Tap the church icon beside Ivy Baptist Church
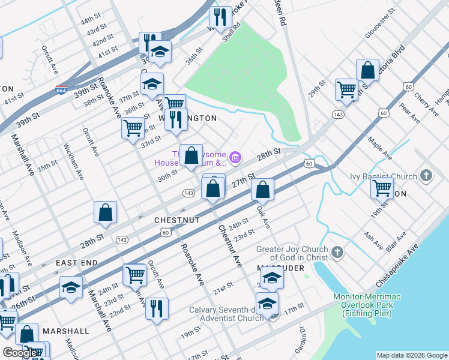426,176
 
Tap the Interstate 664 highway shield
61,90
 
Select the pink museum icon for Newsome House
236,158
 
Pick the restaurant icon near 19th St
157,308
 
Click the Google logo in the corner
20,353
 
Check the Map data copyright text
412,355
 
